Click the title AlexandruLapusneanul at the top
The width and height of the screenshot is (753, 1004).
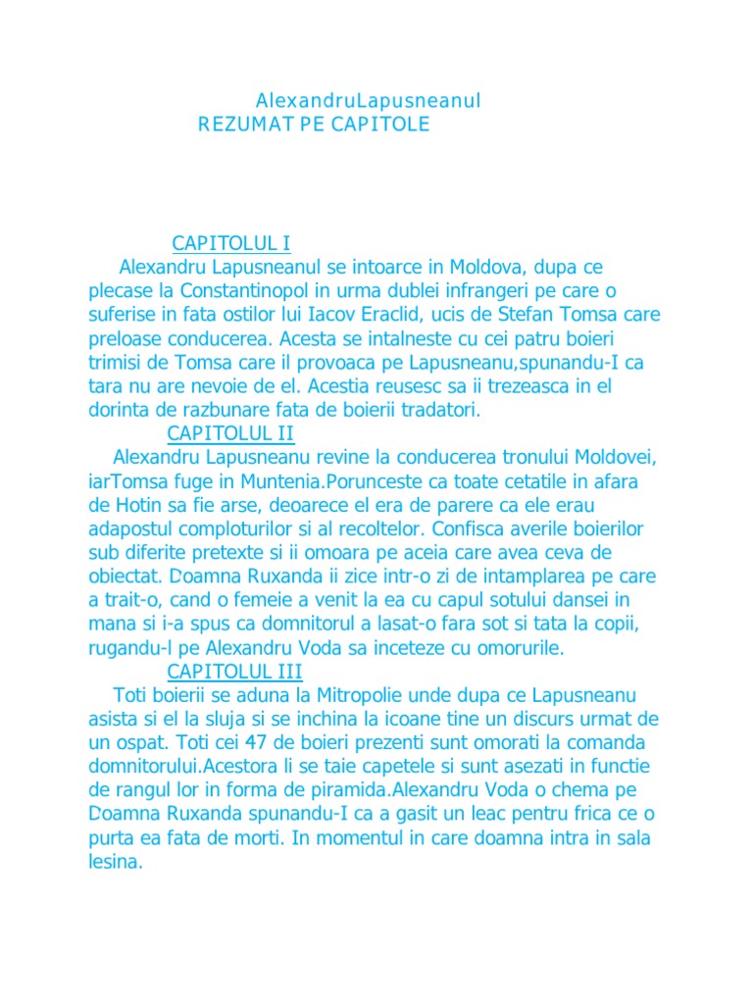coord(368,101)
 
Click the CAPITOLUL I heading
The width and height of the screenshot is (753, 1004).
coord(230,243)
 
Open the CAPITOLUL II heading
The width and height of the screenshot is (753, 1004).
coord(230,433)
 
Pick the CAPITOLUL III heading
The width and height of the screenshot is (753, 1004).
coord(234,672)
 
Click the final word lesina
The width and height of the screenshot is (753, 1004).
coord(115,862)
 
